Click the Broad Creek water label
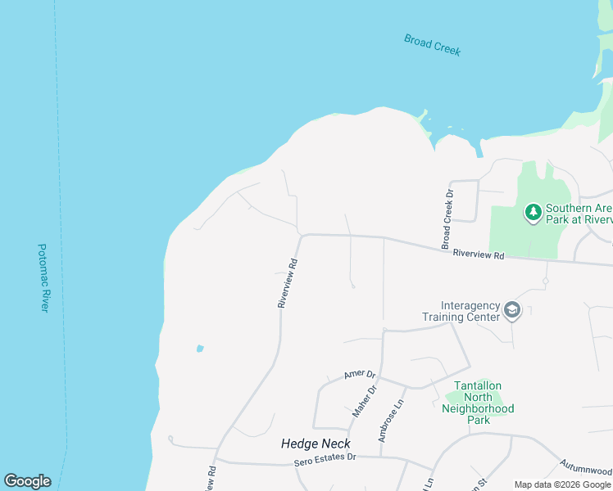433,44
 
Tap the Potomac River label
44,277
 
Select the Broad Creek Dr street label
447,220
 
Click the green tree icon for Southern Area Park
534,213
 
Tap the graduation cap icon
512,309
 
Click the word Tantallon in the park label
478,385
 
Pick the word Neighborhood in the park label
478,408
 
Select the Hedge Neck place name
316,443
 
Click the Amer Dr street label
359,373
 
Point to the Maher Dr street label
363,401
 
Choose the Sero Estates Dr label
325,460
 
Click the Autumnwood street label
587,469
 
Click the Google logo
27,480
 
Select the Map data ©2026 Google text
562,484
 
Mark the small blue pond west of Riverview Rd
199,349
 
